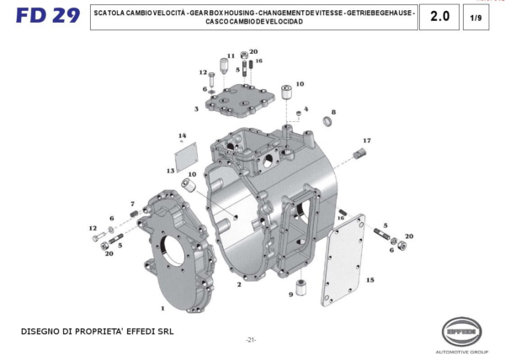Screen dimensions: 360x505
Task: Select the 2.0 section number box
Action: coord(439,17)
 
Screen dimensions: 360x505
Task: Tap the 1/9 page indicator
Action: coord(476,18)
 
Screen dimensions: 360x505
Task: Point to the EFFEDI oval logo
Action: coord(466,331)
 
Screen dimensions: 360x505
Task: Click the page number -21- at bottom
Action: coord(251,339)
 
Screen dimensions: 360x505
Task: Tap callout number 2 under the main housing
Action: coord(239,284)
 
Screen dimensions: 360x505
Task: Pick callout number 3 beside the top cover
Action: coord(196,109)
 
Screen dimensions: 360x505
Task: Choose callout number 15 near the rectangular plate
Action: coord(370,279)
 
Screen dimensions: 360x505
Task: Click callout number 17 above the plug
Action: coord(367,140)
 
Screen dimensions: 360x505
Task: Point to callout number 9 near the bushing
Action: coord(290,294)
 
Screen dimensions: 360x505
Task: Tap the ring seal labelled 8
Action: coord(329,124)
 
